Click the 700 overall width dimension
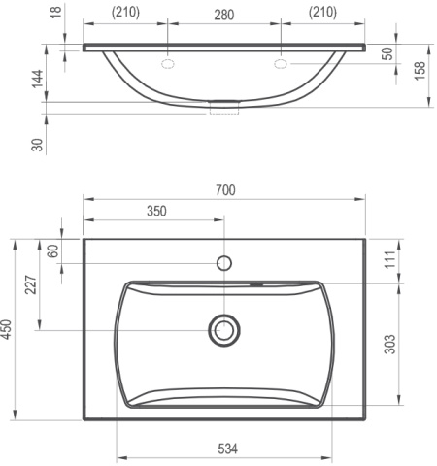pos(225,190)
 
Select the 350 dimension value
pos(156,211)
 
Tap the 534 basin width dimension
pos(227,449)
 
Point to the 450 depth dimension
pos(7,329)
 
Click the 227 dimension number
pos(31,284)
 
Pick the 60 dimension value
pos(53,251)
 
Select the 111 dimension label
pos(390,259)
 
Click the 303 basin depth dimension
pos(390,345)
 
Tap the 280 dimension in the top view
pos(224,15)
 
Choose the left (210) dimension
pos(125,13)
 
